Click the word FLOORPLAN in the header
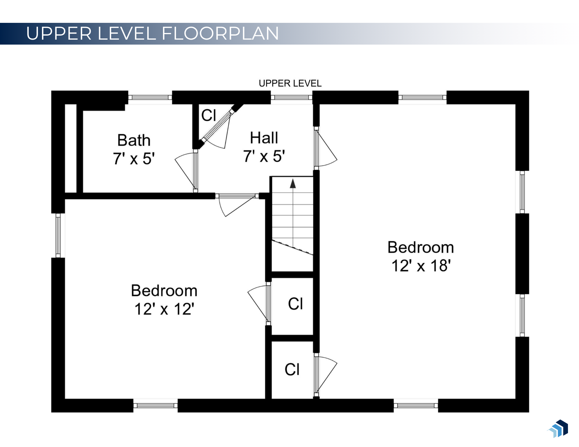click(220, 33)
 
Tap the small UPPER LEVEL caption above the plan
click(290, 83)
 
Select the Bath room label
click(134, 140)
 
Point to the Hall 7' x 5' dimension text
click(264, 156)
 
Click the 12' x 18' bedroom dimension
click(421, 266)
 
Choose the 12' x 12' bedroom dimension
click(164, 309)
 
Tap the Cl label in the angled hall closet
click(209, 115)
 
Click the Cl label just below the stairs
click(295, 304)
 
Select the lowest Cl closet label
click(292, 369)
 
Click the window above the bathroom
click(150, 98)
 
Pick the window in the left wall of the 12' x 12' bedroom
click(58, 236)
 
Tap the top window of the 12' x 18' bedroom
click(422, 98)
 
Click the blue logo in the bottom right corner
click(558, 428)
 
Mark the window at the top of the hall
click(292, 98)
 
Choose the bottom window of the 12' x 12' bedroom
click(155, 406)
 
